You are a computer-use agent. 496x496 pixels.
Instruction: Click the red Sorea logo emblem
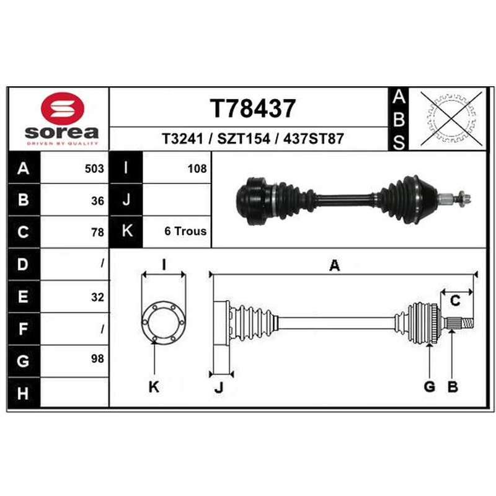[x=63, y=108]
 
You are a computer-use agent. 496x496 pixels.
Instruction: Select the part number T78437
[x=253, y=108]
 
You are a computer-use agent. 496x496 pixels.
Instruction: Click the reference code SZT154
[x=244, y=138]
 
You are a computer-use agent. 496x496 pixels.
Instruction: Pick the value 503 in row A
[x=94, y=169]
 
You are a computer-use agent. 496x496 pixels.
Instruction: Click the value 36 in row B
[x=97, y=201]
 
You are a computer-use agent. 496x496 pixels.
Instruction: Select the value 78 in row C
[x=97, y=232]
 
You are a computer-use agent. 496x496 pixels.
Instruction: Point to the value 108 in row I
[x=197, y=169]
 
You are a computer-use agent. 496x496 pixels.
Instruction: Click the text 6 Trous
[x=185, y=231]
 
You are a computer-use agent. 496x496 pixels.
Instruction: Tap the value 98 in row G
[x=97, y=359]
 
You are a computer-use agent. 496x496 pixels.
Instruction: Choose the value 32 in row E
[x=97, y=297]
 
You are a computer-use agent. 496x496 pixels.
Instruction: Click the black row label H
[x=24, y=392]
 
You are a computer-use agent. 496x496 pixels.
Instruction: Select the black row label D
[x=24, y=264]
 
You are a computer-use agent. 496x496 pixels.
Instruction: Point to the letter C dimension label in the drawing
[x=455, y=301]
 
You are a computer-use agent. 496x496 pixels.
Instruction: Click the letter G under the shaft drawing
[x=429, y=386]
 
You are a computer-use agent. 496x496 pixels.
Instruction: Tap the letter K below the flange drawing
[x=154, y=386]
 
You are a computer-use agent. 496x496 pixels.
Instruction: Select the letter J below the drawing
[x=219, y=387]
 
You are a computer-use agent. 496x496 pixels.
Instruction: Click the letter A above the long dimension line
[x=334, y=265]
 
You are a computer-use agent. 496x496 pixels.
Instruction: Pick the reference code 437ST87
[x=313, y=138]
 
